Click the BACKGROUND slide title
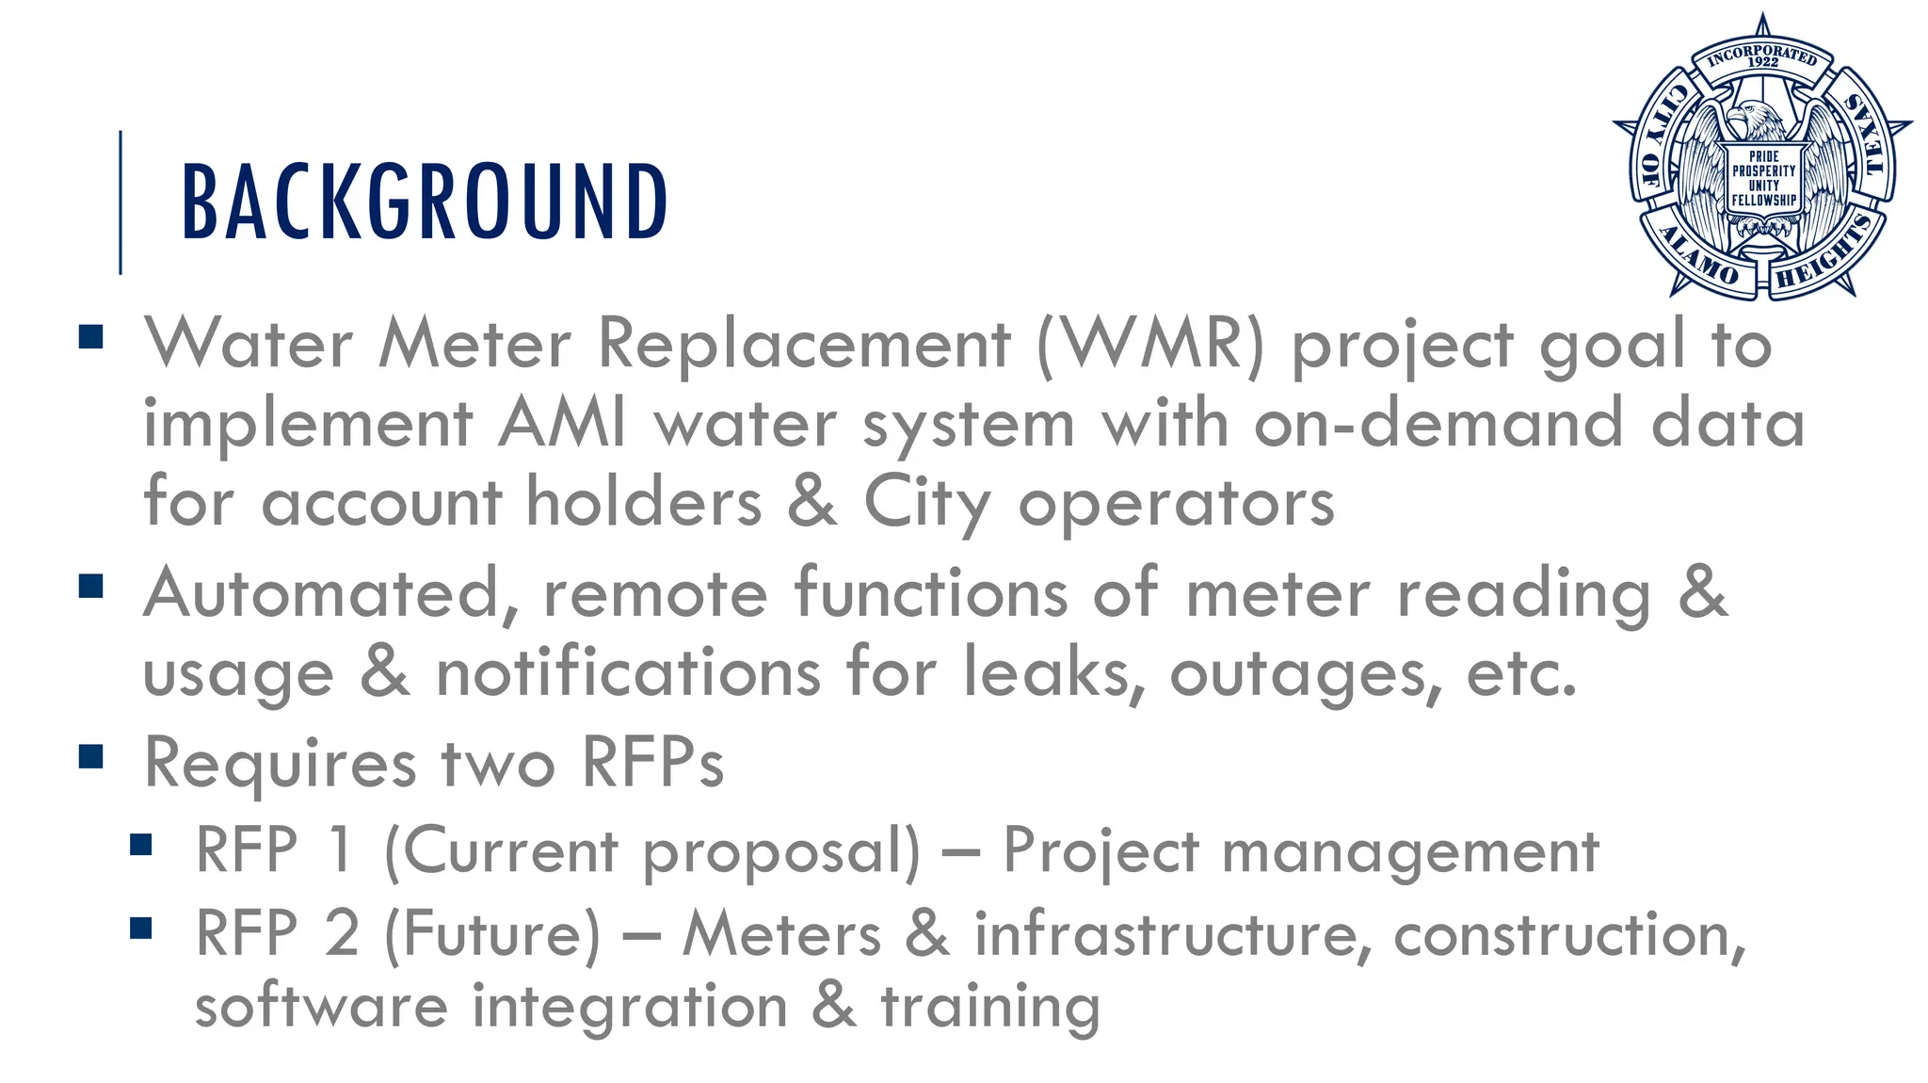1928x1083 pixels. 424,201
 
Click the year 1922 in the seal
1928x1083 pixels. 1763,62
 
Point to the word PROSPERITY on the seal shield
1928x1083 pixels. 1763,171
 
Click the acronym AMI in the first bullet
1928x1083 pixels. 562,423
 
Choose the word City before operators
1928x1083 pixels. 926,503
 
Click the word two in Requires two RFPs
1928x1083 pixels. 498,762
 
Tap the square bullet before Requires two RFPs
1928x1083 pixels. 91,756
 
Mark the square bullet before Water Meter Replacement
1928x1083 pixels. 91,337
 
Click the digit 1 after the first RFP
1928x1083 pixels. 340,849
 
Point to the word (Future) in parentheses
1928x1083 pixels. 491,934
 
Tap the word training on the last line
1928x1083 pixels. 990,1007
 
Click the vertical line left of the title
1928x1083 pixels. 120,202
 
